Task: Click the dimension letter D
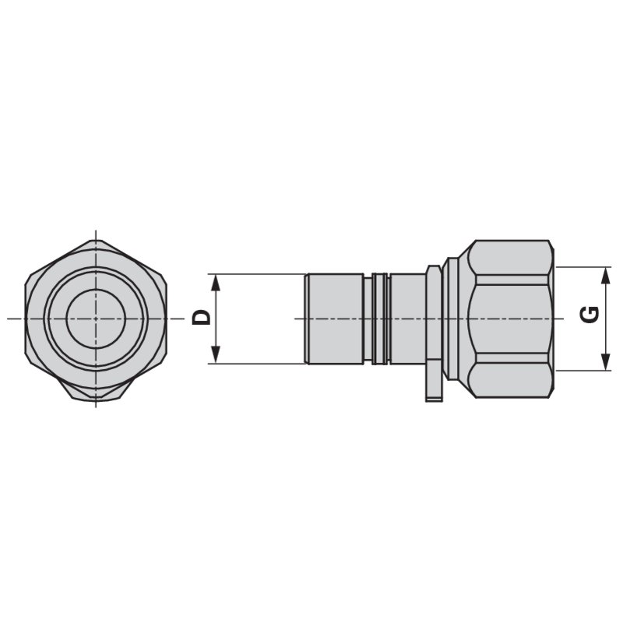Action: click(201, 318)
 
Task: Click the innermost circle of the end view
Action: click(96, 318)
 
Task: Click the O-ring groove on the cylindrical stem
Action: click(379, 318)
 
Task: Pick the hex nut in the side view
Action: click(510, 318)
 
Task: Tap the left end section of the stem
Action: click(335, 318)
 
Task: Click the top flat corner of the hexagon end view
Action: click(96, 243)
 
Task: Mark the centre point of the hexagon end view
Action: click(96, 318)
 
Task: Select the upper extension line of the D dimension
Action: click(257, 273)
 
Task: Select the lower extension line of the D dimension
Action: click(257, 364)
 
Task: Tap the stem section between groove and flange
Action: click(406, 318)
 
